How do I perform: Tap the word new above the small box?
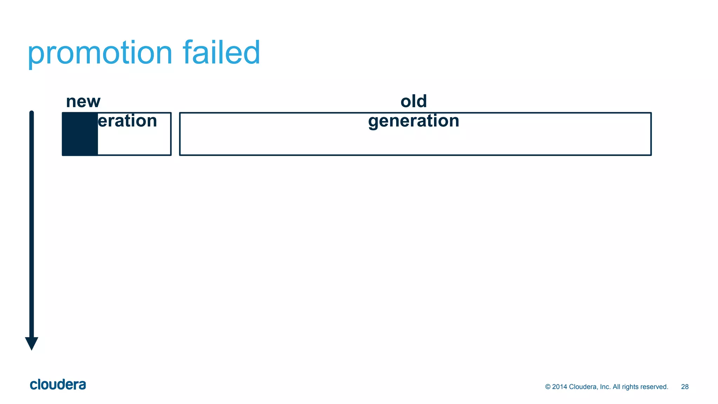83,102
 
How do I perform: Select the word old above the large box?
414,101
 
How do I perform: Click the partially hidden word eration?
127,121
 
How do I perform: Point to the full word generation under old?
414,121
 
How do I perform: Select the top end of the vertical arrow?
32,113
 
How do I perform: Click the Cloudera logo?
58,385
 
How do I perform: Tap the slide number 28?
685,387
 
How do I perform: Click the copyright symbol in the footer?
548,387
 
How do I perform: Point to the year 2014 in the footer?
560,387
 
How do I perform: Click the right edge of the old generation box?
651,134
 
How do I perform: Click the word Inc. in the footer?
605,387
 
